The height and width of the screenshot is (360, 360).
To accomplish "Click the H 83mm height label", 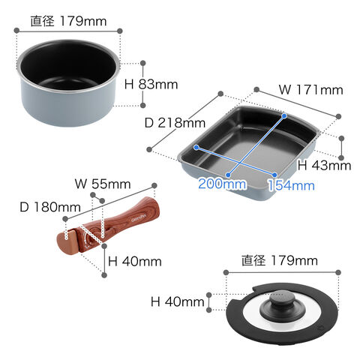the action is [x=151, y=85].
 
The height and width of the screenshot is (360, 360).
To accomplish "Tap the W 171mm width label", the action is [x=310, y=90].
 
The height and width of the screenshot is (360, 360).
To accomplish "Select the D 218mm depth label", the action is [x=175, y=123].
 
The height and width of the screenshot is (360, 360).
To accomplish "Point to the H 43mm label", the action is [x=324, y=165].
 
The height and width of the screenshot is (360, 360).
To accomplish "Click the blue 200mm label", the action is [x=222, y=184].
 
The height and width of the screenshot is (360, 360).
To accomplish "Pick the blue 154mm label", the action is [x=291, y=185].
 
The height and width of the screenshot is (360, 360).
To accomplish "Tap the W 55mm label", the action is [x=103, y=184].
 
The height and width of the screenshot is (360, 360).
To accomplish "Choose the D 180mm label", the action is [x=50, y=207].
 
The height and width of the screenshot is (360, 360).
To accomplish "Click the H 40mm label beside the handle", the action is [x=135, y=262].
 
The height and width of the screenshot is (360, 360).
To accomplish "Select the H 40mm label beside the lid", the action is [x=178, y=301].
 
